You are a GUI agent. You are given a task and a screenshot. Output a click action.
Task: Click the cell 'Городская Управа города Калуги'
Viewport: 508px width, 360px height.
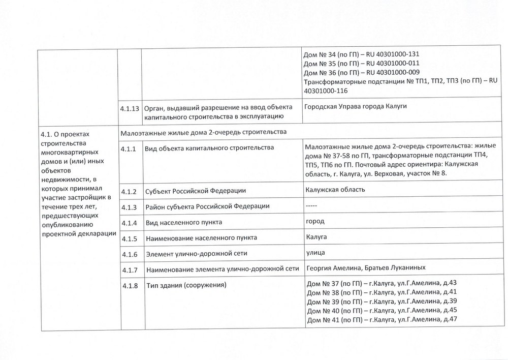click(356, 106)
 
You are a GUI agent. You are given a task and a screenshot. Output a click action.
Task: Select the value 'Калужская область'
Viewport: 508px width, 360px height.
click(335, 190)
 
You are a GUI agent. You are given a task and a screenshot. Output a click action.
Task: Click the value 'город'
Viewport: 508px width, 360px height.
click(315, 222)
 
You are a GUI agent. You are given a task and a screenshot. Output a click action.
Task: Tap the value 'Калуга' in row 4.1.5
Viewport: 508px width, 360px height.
click(316, 237)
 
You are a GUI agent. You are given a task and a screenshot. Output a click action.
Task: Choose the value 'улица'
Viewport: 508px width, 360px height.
click(315, 253)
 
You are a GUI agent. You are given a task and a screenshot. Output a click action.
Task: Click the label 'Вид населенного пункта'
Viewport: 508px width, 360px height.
click(183, 223)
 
